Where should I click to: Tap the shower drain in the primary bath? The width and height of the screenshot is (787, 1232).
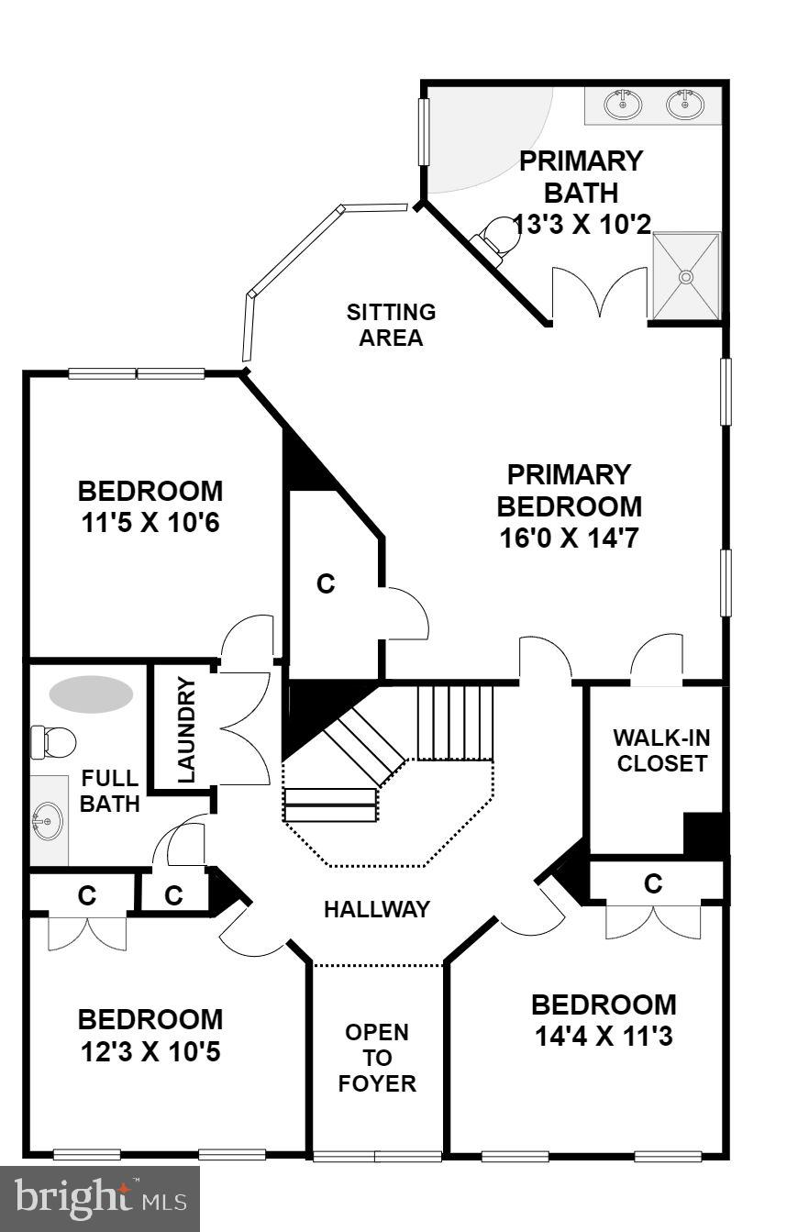click(x=685, y=275)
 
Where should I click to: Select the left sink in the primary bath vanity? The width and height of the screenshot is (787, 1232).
click(x=623, y=105)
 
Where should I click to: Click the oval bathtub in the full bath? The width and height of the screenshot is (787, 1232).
click(x=91, y=694)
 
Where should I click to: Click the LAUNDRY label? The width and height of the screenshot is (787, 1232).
click(x=186, y=729)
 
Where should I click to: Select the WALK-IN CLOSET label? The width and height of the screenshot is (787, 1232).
click(x=661, y=750)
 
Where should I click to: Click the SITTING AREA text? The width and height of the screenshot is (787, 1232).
click(x=391, y=325)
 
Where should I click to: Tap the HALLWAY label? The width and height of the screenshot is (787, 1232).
click(x=376, y=909)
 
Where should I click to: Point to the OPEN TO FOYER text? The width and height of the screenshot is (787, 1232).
click(x=377, y=1058)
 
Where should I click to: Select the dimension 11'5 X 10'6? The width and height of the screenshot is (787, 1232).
click(x=150, y=523)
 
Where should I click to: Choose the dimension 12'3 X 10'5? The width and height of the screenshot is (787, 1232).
click(x=150, y=1051)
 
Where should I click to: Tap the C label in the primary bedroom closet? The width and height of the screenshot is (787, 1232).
click(x=326, y=583)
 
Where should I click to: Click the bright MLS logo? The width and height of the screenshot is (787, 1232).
click(x=100, y=1199)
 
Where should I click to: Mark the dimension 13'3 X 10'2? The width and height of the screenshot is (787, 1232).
click(x=582, y=224)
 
